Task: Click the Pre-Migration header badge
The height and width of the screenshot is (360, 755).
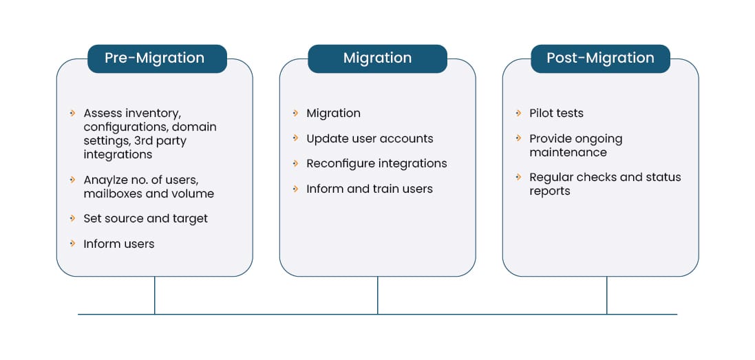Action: click(x=154, y=59)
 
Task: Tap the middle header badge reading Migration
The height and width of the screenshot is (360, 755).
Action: click(x=377, y=59)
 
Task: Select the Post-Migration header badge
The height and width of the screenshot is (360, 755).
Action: click(x=600, y=59)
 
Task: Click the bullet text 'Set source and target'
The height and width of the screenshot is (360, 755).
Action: click(x=145, y=218)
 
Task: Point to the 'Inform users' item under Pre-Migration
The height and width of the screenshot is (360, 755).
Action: click(x=118, y=244)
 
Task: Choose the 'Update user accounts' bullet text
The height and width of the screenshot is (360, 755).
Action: click(x=370, y=138)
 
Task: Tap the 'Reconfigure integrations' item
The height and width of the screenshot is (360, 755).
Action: click(x=376, y=163)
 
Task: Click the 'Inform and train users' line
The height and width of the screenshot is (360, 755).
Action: click(x=370, y=189)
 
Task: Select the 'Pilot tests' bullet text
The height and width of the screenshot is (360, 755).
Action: click(x=556, y=113)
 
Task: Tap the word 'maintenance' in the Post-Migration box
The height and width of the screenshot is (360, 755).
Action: click(x=568, y=152)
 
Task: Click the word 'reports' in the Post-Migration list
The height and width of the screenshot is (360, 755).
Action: click(x=550, y=191)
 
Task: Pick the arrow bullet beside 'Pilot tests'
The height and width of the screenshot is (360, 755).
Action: click(x=519, y=112)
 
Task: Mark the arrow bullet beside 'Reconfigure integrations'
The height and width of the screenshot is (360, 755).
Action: click(x=296, y=163)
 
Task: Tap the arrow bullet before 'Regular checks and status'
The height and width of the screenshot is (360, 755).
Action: click(x=519, y=176)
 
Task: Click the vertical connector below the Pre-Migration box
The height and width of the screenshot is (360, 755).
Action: click(x=154, y=295)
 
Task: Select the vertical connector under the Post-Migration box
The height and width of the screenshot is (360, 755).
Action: click(x=606, y=295)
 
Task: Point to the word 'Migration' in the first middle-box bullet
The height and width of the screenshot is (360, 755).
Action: click(x=333, y=113)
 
